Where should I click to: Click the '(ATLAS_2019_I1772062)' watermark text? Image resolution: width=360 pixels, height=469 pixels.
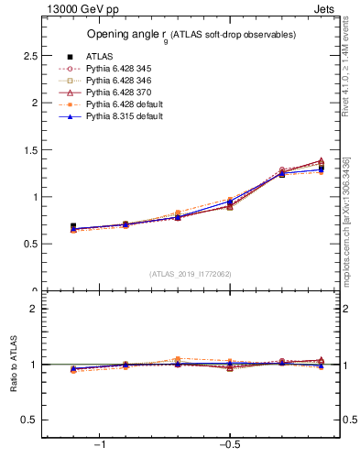[x=191, y=273]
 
